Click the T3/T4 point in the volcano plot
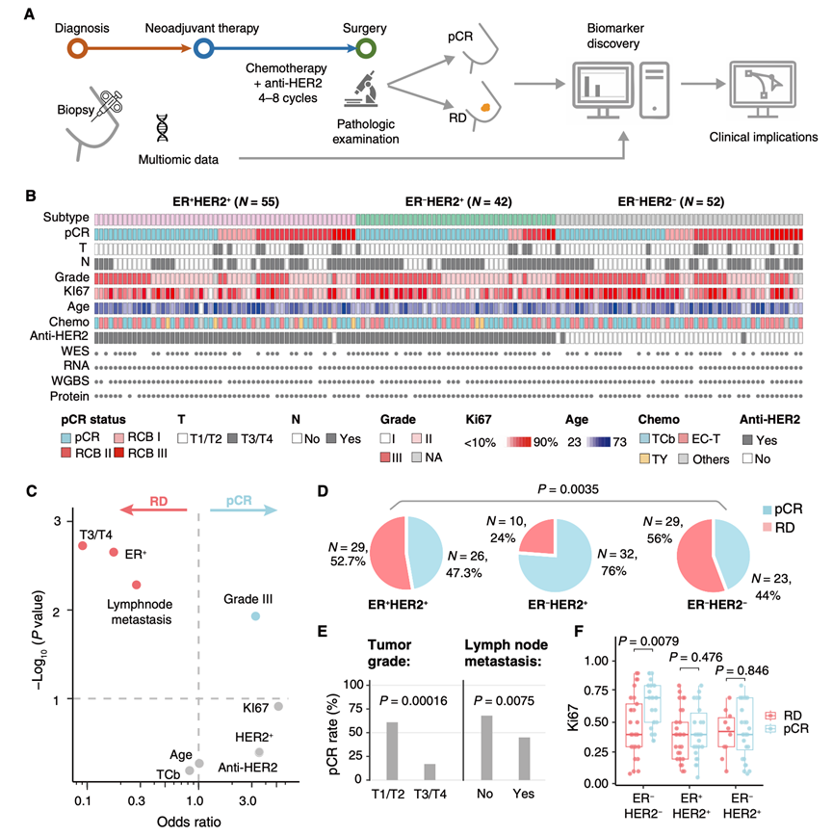coord(83,546)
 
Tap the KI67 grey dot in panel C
coord(278,706)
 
